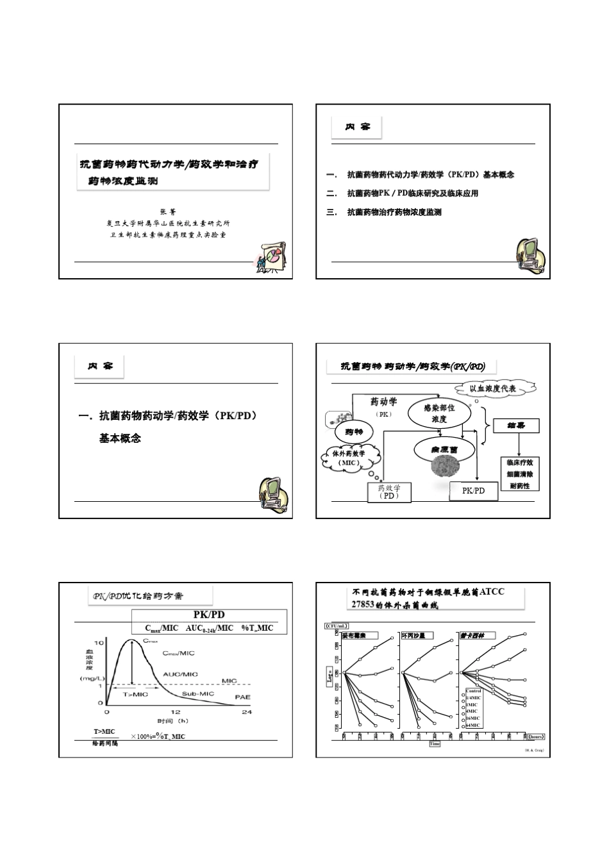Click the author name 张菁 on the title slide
[x=171, y=211]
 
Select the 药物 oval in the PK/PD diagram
[x=354, y=431]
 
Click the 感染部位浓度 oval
[x=439, y=413]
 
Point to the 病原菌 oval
[x=444, y=449]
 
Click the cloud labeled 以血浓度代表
[x=494, y=388]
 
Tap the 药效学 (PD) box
[x=388, y=492]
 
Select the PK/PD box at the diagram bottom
[x=473, y=490]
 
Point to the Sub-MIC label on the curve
[x=197, y=693]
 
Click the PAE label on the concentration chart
[x=242, y=697]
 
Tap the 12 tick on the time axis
[x=175, y=712]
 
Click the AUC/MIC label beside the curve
[x=180, y=674]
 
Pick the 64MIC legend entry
[x=473, y=725]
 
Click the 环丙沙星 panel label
[x=413, y=636]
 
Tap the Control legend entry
[x=473, y=691]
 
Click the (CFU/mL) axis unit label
[x=337, y=625]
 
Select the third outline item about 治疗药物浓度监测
[x=394, y=212]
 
